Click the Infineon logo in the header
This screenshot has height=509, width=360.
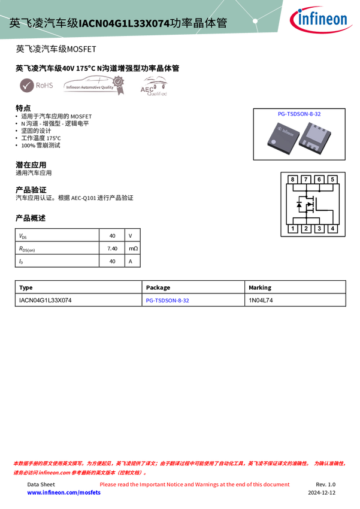[x=322, y=19]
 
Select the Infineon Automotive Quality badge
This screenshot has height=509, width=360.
[x=93, y=86]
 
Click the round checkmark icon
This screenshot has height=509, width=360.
[x=26, y=86]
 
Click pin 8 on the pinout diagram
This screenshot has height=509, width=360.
[x=293, y=180]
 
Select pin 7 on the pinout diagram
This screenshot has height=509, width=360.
[x=306, y=180]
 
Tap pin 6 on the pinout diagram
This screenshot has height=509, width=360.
[x=319, y=180]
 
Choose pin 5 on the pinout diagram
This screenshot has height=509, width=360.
[x=332, y=180]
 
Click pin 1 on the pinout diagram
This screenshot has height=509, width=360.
[x=293, y=229]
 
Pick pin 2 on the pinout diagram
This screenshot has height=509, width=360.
[x=306, y=229]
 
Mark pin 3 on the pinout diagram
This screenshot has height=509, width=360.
[x=319, y=229]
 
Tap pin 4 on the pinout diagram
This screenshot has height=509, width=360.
[x=332, y=229]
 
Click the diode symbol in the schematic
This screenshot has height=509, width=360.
[x=299, y=205]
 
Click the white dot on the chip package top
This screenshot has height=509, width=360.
[x=273, y=141]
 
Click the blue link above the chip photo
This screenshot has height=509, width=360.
[x=299, y=113]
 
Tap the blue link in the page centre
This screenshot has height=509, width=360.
[x=168, y=300]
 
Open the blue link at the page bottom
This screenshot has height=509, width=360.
[x=63, y=492]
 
